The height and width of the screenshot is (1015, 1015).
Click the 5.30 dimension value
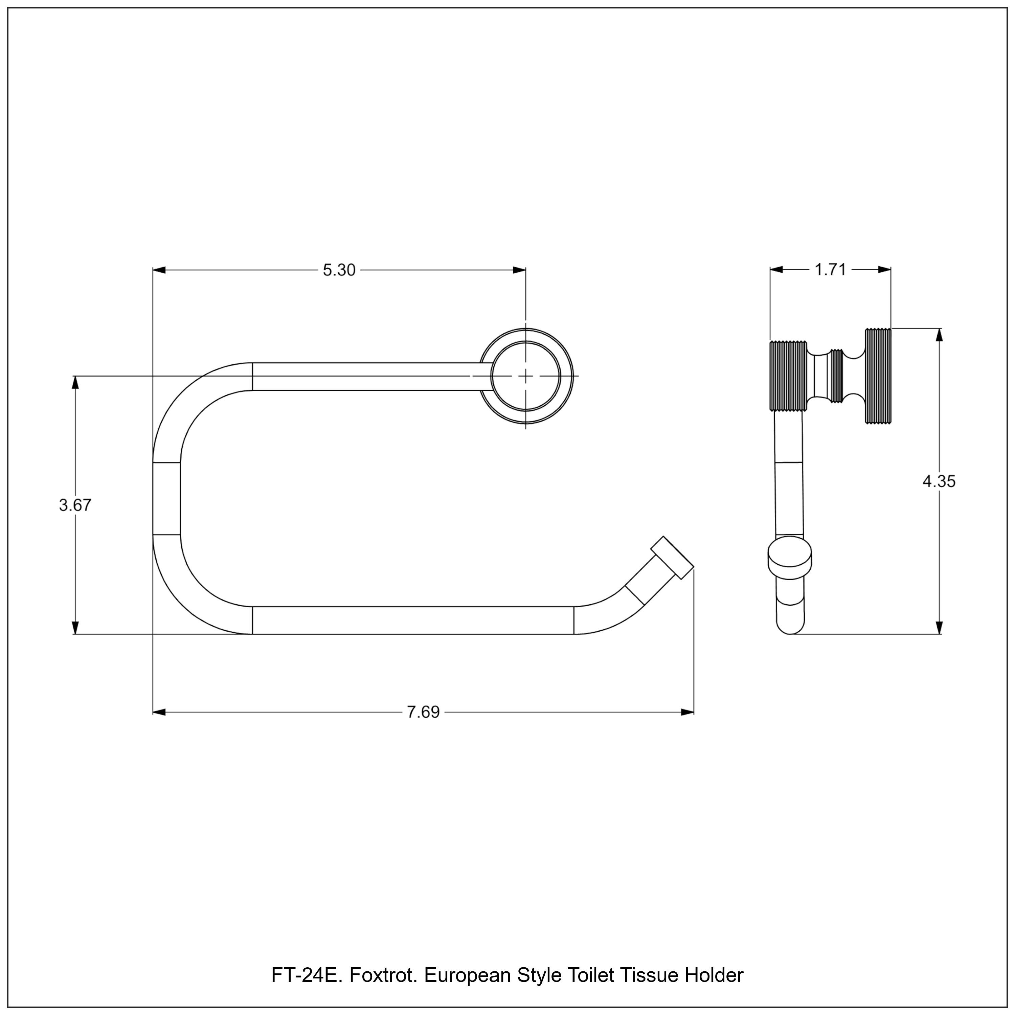click(x=339, y=270)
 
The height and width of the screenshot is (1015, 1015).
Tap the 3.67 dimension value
click(x=75, y=505)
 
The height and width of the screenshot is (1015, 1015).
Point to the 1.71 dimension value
click(x=830, y=270)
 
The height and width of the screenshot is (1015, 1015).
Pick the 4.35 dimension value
click(x=939, y=481)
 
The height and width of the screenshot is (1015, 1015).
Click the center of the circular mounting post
click(x=526, y=376)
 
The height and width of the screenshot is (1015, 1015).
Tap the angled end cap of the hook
click(x=673, y=558)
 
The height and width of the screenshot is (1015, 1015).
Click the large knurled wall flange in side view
click(x=878, y=376)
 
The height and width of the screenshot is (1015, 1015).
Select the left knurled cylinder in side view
click(x=788, y=376)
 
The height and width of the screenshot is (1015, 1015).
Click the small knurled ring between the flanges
click(x=836, y=376)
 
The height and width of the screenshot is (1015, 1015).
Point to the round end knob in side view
click(x=789, y=558)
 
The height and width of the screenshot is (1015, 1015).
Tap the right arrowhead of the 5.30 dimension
click(x=519, y=270)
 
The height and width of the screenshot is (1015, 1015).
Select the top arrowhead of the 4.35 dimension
click(x=939, y=335)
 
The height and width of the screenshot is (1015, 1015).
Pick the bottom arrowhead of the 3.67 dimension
click(x=75, y=628)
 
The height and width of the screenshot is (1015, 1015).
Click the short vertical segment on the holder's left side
click(x=166, y=499)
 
